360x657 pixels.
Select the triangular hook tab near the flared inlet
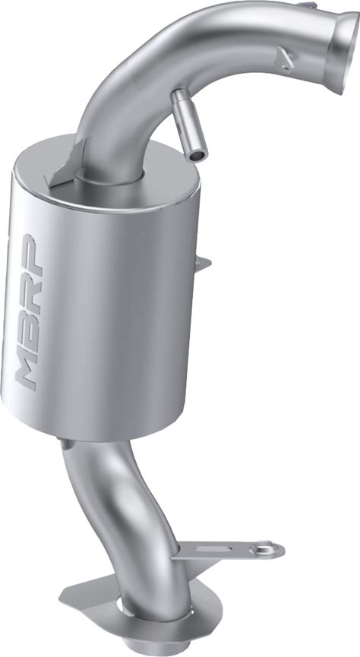285,58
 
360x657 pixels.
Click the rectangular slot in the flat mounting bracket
213,549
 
